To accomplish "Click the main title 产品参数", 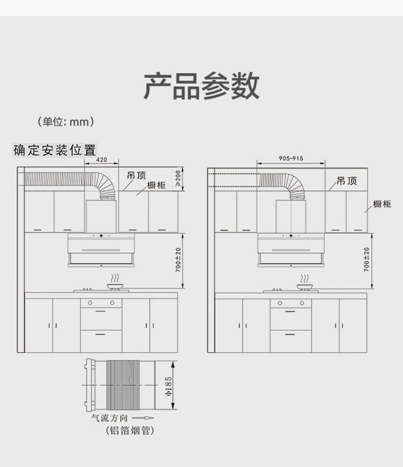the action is [201, 86].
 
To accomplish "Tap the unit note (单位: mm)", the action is [66, 122].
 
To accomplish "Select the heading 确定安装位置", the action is [55, 151].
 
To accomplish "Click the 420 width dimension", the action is [102, 160].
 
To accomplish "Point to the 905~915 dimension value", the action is [291, 158].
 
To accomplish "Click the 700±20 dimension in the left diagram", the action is [178, 260].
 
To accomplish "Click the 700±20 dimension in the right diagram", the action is [367, 260].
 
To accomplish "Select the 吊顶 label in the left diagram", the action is [136, 176].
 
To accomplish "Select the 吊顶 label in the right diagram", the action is [347, 181].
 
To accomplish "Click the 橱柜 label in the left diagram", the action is [156, 185].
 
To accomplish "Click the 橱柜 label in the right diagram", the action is [382, 204].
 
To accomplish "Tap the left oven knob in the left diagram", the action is [90, 303].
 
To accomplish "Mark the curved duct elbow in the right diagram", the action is [294, 185].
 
